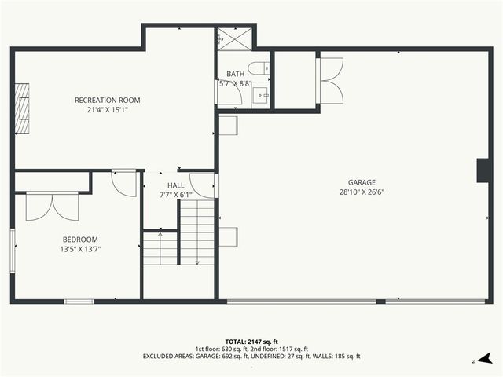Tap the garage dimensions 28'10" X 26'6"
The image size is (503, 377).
point(362,192)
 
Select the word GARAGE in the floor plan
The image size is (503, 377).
point(362,182)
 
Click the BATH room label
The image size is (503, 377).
point(235,74)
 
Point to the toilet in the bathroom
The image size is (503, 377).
point(260,68)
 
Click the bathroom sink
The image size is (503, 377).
point(261,95)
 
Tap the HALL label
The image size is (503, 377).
point(175,185)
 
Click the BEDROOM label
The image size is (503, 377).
point(80,240)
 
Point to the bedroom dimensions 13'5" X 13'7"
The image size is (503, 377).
point(80,249)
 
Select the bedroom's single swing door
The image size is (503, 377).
point(124,183)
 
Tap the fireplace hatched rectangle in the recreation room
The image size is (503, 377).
point(24,107)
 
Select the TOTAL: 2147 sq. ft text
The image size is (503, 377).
point(251,342)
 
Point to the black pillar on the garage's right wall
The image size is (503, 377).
point(482,170)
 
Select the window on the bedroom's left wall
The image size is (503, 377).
point(12,251)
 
